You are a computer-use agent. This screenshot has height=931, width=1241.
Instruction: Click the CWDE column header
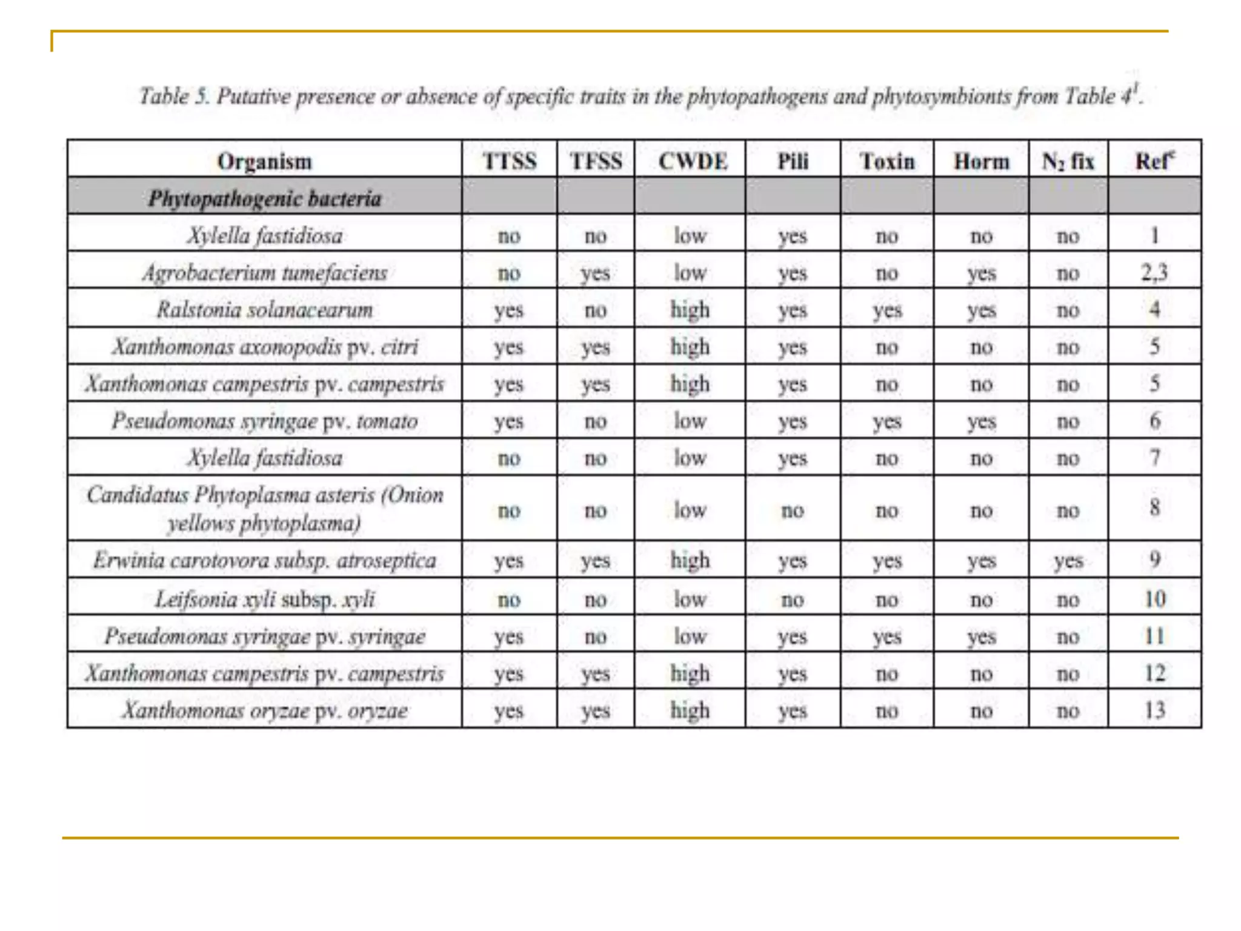692,161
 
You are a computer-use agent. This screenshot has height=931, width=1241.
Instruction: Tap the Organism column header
264,161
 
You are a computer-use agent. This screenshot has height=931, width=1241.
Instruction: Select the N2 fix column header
1068,161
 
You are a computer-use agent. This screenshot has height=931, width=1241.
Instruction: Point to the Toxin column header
887,161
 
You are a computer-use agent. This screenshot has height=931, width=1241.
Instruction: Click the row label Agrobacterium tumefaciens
264,273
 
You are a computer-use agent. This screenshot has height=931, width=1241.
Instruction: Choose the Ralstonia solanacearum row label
264,310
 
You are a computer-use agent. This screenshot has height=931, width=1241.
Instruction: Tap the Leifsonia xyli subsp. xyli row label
264,599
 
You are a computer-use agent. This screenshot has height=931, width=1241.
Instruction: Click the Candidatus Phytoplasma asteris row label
264,509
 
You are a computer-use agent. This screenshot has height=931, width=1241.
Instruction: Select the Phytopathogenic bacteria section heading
264,198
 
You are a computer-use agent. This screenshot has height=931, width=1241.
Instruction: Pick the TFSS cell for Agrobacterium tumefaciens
595,273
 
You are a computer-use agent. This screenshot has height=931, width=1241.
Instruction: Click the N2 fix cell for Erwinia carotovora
1068,561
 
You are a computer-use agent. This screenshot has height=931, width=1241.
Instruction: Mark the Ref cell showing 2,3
1154,273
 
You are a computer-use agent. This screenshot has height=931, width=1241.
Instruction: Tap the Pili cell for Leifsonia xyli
792,599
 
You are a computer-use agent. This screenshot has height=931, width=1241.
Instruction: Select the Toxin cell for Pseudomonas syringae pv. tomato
887,421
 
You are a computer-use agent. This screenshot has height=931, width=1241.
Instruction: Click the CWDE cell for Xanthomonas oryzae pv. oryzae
690,710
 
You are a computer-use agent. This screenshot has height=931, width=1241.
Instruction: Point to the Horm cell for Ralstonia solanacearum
981,310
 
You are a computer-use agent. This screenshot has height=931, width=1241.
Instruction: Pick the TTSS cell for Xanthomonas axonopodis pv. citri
508,347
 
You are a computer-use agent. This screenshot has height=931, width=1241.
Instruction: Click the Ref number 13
1154,710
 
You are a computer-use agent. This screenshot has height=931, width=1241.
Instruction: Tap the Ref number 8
1154,507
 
